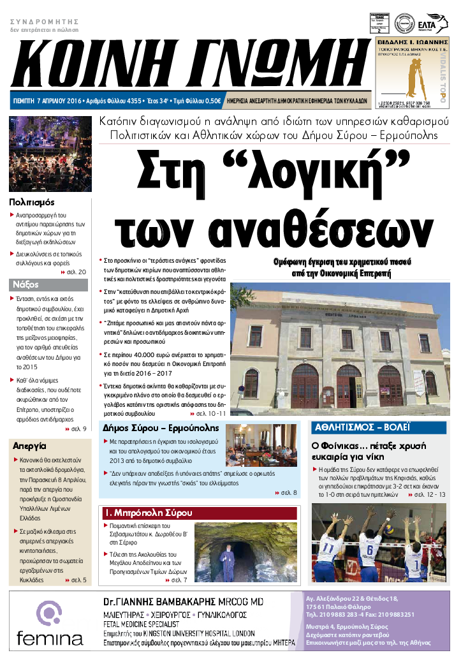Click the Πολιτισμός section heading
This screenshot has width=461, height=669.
pyautogui.click(x=36, y=202)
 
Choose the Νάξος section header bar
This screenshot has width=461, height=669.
pyautogui.click(x=50, y=284)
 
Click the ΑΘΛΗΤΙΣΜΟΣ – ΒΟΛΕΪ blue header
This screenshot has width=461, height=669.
pyautogui.click(x=361, y=427)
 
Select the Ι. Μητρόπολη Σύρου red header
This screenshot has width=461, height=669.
pyautogui.click(x=148, y=512)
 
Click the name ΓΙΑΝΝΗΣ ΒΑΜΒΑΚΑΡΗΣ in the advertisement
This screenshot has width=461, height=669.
pyautogui.click(x=181, y=601)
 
